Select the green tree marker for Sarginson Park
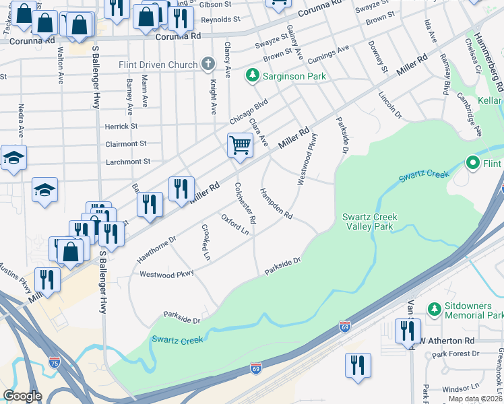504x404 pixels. pyautogui.click(x=253, y=76)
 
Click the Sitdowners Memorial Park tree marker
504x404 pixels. pyautogui.click(x=434, y=310)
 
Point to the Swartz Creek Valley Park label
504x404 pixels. pyautogui.click(x=369, y=222)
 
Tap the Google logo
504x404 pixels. pyautogui.click(x=22, y=396)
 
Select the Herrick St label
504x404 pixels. pyautogui.click(x=121, y=126)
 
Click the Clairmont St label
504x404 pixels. pyautogui.click(x=125, y=143)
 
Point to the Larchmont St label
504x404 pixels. pyautogui.click(x=127, y=162)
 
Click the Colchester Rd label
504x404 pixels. pyautogui.click(x=245, y=203)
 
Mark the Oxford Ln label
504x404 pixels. pyautogui.click(x=235, y=224)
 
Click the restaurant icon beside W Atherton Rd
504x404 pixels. pyautogui.click(x=408, y=331)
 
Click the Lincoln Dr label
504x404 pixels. pyautogui.click(x=390, y=106)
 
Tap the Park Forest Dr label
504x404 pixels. pyautogui.click(x=455, y=353)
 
